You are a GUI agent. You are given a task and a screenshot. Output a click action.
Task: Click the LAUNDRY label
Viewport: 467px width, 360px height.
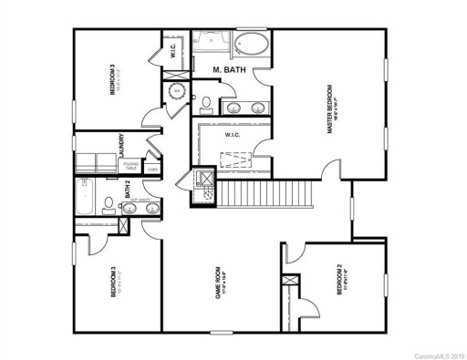(120, 145)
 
